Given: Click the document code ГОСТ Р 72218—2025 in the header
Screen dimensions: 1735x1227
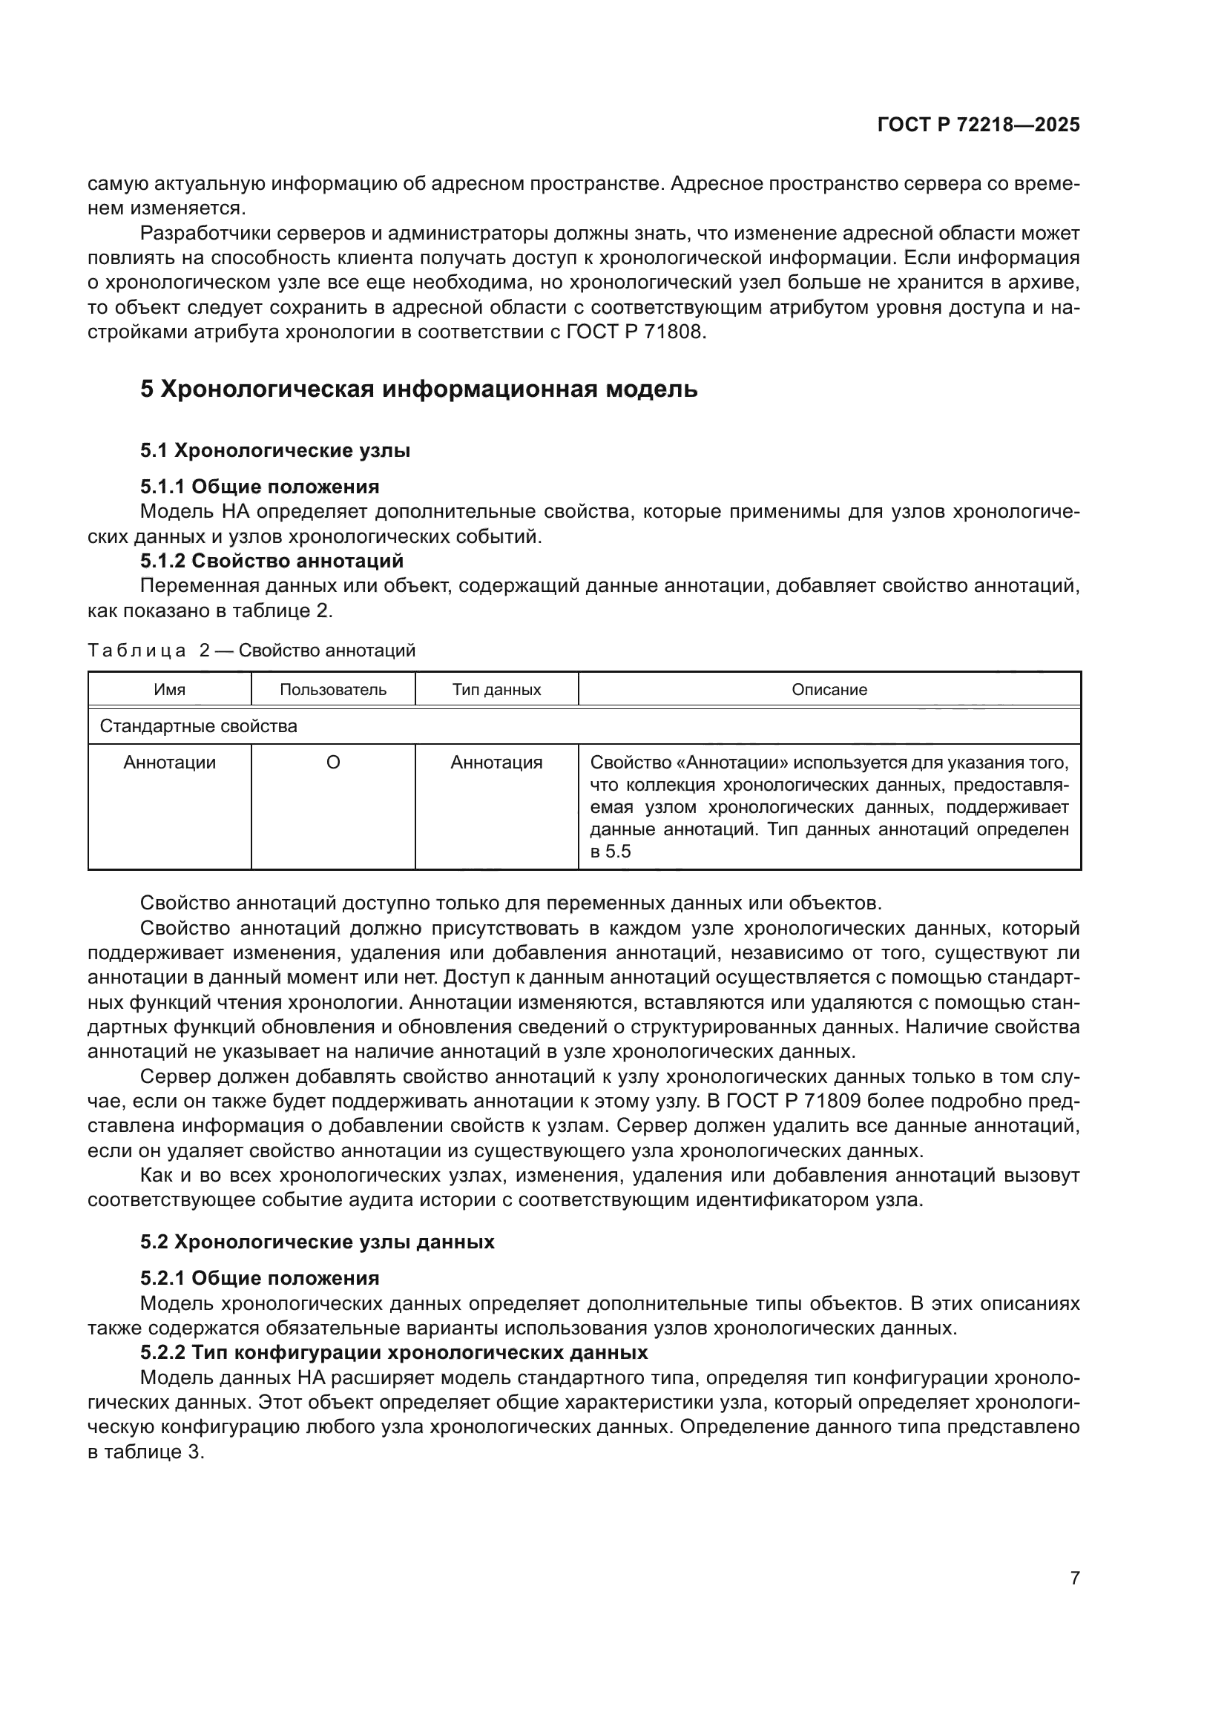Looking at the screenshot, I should pyautogui.click(x=978, y=125).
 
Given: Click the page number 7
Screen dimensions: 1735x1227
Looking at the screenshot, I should pyautogui.click(x=1074, y=1578).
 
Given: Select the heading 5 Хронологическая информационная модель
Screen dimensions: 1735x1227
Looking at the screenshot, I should pyautogui.click(x=418, y=389).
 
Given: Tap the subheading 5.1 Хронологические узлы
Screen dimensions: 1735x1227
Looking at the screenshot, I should pyautogui.click(x=275, y=450).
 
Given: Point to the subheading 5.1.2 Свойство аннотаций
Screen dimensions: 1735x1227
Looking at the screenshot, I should pyautogui.click(x=272, y=561).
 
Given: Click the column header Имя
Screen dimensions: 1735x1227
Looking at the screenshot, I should pyautogui.click(x=169, y=689).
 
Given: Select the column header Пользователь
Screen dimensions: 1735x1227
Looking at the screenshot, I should pyautogui.click(x=332, y=689).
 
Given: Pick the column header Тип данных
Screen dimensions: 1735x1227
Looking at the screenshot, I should pyautogui.click(x=496, y=689).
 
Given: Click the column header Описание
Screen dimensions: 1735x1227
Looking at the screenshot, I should pyautogui.click(x=829, y=689).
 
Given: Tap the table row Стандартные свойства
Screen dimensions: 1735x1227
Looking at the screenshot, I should pyautogui.click(x=199, y=726).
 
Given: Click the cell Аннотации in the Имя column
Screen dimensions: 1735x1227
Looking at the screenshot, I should pyautogui.click(x=169, y=763).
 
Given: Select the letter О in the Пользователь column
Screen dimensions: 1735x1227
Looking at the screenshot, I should pyautogui.click(x=332, y=763).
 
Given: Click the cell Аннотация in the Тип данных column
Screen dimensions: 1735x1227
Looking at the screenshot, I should pyautogui.click(x=496, y=763).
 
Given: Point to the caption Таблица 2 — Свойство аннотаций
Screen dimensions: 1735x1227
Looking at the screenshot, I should pyautogui.click(x=251, y=650).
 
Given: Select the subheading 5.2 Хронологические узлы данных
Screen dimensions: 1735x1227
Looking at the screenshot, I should pyautogui.click(x=318, y=1242).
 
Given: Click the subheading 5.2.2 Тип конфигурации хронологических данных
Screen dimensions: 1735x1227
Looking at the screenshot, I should pyautogui.click(x=394, y=1352).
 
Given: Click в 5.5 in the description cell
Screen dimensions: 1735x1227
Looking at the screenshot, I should pyautogui.click(x=610, y=852).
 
